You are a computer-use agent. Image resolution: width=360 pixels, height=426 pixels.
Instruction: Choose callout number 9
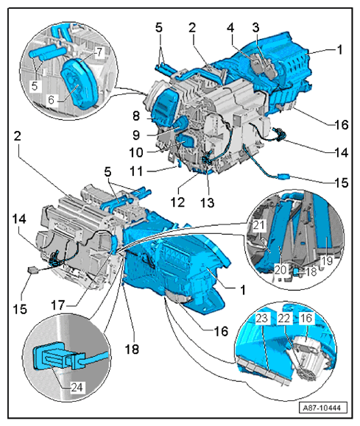click(157, 135)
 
